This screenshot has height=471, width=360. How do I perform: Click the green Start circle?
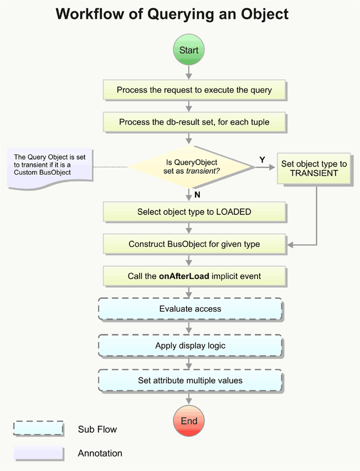tap(189, 50)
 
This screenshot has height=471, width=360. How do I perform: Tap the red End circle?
tap(189, 421)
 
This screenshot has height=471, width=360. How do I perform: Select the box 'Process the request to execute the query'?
tap(194, 90)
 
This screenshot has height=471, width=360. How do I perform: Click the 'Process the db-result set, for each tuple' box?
tap(194, 122)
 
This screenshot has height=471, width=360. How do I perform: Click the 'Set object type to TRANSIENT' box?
tap(313, 168)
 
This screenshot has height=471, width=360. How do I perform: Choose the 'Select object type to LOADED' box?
tap(194, 212)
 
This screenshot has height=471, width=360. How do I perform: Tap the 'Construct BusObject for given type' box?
tap(194, 244)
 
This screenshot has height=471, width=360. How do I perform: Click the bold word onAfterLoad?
tap(184, 275)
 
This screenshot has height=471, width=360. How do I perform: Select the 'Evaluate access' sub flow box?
tap(190, 309)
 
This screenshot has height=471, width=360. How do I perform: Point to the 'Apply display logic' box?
tap(190, 345)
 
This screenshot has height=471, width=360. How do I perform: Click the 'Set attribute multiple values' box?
tap(190, 381)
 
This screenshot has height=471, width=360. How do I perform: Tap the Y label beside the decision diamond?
tap(262, 159)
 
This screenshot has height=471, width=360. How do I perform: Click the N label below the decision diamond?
tap(197, 194)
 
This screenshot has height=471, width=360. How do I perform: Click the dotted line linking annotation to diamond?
tap(111, 166)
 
